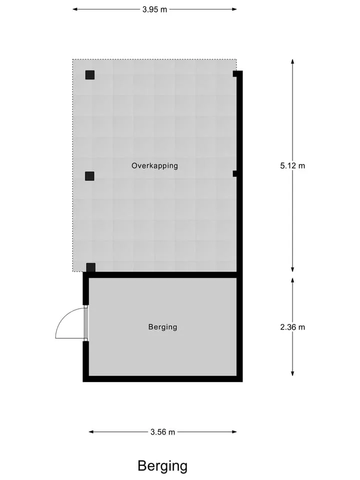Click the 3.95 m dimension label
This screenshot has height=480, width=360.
(154, 9)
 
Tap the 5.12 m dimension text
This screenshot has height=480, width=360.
(292, 165)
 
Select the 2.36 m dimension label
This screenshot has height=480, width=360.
(292, 327)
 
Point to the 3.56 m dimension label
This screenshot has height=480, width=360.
(162, 432)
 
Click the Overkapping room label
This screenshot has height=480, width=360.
(154, 165)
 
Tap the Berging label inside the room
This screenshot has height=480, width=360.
(162, 327)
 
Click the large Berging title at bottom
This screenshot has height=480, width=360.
(162, 466)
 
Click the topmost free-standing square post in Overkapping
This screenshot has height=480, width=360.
(89, 74)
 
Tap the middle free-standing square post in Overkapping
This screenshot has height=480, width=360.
(89, 176)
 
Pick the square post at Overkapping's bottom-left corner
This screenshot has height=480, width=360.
(90, 267)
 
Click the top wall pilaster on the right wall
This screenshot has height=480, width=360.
(235, 74)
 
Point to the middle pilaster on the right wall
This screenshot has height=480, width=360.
(235, 173)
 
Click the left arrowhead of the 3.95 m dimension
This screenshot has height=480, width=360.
(75, 9)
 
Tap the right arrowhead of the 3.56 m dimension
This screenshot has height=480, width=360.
(234, 432)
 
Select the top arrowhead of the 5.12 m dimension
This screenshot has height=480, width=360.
(292, 61)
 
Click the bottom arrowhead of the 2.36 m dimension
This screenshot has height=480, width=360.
(292, 373)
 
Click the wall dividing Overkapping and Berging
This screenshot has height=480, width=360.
(162, 275)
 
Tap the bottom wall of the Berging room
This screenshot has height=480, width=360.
(162, 379)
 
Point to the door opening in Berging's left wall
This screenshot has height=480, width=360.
(85, 323)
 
